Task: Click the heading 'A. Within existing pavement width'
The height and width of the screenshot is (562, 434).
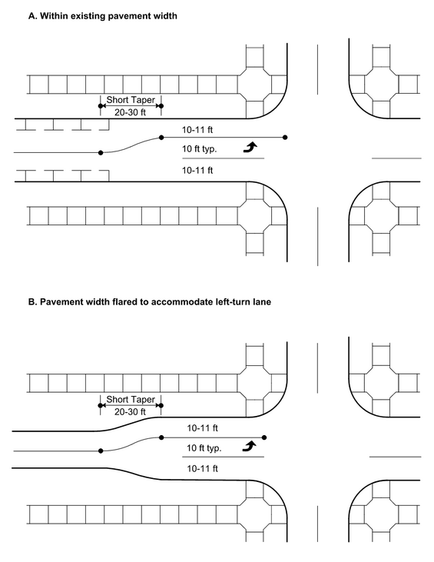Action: (x=103, y=16)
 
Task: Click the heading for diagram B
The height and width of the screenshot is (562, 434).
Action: (x=150, y=302)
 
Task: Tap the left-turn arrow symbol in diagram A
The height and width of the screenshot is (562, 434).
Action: (x=250, y=147)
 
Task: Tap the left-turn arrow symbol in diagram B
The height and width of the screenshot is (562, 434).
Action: (x=249, y=446)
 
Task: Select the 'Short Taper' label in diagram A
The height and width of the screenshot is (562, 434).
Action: (x=131, y=100)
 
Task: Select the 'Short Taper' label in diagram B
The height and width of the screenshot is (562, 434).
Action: (x=131, y=399)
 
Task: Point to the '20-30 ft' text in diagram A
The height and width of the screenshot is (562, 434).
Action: (x=130, y=112)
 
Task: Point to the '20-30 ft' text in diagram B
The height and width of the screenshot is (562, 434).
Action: (x=130, y=412)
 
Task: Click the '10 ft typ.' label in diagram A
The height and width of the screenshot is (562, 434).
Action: (x=200, y=148)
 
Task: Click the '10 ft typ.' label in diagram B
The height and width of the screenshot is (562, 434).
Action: (x=204, y=448)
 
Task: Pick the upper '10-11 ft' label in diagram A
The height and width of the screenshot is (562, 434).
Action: (x=197, y=130)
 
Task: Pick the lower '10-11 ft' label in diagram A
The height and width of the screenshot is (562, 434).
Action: (x=197, y=170)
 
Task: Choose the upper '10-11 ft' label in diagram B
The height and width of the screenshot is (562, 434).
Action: (x=202, y=428)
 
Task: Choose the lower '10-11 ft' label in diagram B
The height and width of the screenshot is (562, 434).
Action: (x=202, y=468)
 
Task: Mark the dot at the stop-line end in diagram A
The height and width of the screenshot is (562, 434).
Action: (x=285, y=138)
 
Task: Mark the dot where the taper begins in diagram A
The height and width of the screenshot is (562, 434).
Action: (x=101, y=153)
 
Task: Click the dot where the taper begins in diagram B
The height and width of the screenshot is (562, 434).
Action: (x=101, y=451)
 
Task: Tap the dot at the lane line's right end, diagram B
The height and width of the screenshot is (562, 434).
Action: (x=264, y=437)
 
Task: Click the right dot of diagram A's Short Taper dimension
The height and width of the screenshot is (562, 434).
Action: (x=161, y=106)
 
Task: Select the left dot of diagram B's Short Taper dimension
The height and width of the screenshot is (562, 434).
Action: (x=101, y=405)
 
